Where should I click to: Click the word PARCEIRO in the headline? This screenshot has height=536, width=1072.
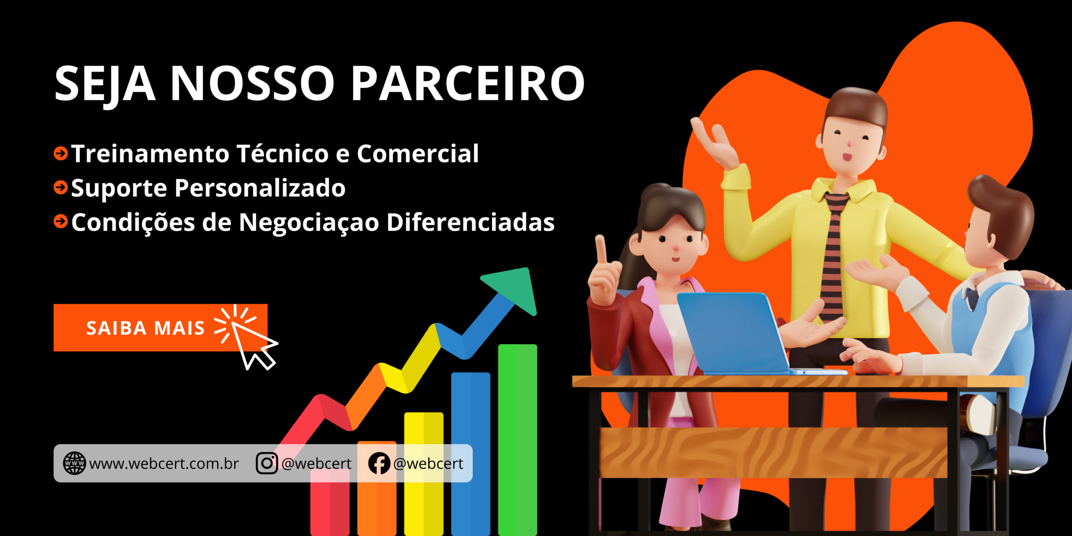coord(468,83)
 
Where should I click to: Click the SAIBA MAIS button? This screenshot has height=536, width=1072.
coord(160,327)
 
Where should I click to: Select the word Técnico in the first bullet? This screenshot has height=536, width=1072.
coord(283,153)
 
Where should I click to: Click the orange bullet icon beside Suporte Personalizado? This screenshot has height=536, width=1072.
coord(61,187)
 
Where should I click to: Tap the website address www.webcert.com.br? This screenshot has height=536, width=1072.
coord(164,464)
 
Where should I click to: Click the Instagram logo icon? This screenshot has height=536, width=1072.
coord(267,463)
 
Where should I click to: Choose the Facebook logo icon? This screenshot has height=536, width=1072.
coord(379,463)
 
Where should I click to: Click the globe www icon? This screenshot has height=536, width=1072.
coord(74,463)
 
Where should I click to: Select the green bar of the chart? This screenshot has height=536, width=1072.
coord(518,440)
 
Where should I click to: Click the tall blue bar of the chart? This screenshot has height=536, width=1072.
coord(471,454)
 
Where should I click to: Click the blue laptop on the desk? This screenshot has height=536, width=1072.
coord(737,333)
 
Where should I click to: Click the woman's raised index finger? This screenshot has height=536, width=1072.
coord(601,250)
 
